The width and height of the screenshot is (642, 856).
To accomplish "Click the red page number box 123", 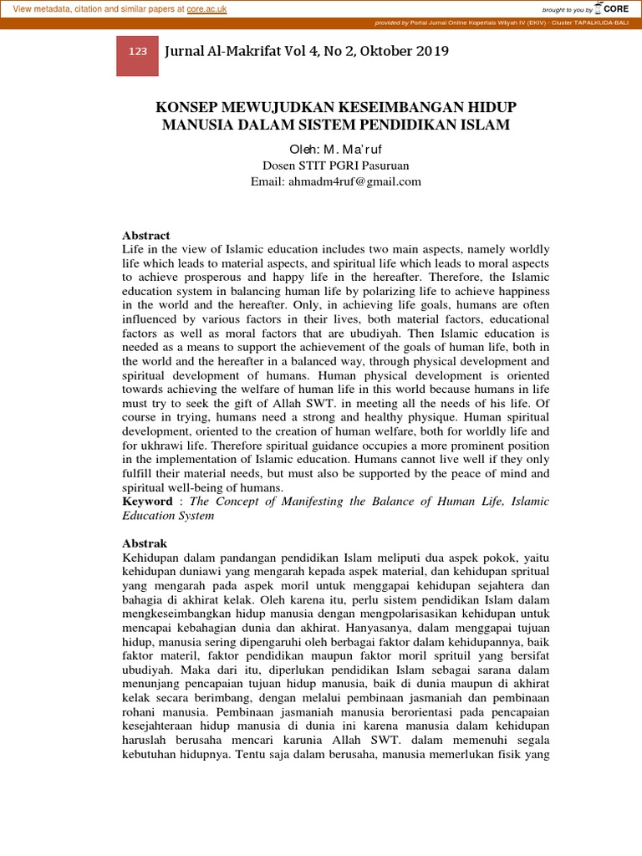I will coord(138,52).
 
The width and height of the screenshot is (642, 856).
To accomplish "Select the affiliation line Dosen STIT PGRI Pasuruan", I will coord(335,165).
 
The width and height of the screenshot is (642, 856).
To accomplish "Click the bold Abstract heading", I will coord(145,236).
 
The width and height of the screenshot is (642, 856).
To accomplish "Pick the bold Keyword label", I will coord(146,502).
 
